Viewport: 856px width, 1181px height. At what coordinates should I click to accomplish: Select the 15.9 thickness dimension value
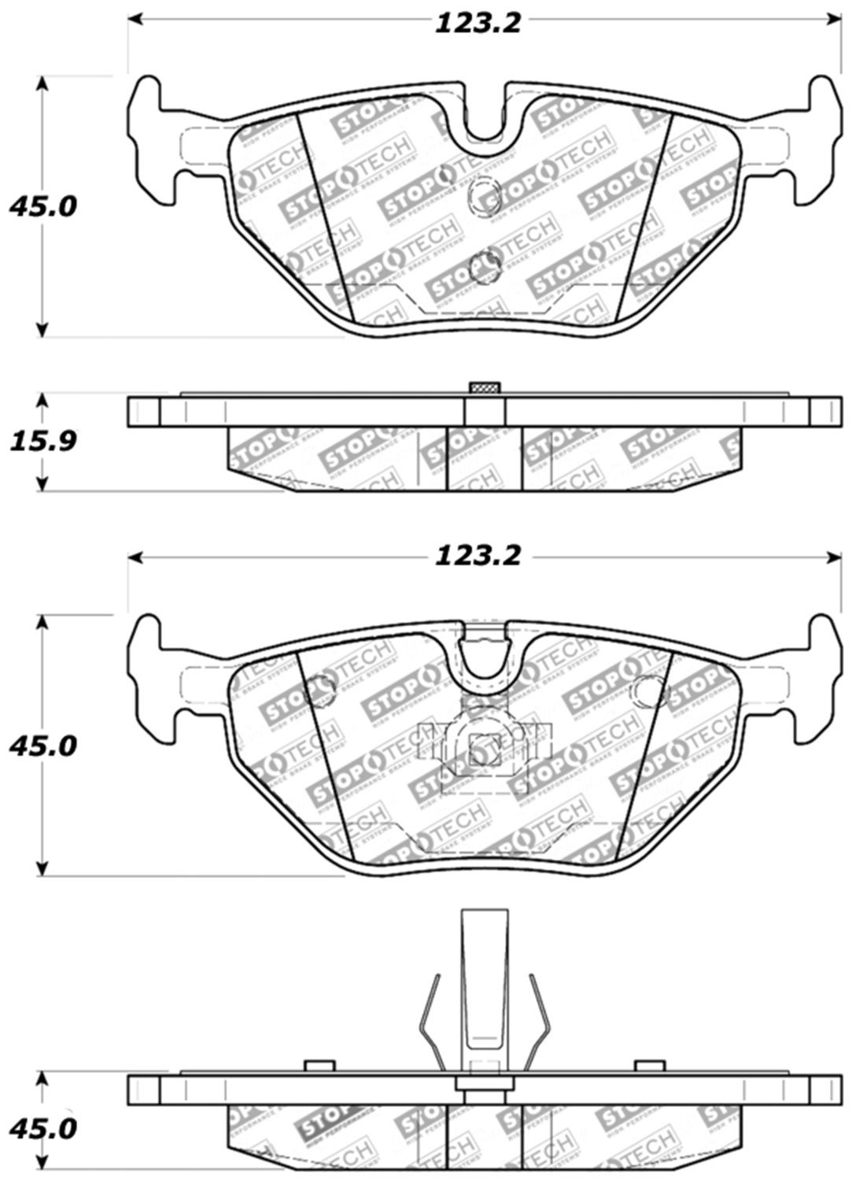(x=42, y=441)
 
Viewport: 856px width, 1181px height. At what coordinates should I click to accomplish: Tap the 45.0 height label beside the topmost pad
(x=42, y=207)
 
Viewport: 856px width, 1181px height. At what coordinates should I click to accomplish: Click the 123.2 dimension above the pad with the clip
(x=478, y=556)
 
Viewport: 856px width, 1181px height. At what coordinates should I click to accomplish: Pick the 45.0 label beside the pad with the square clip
(x=42, y=745)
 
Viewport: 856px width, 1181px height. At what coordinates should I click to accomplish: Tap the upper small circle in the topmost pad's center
(x=480, y=196)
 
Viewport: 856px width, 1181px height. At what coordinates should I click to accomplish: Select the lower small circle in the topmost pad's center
(x=484, y=265)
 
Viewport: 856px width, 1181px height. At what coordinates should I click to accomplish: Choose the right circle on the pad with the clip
(x=651, y=690)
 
